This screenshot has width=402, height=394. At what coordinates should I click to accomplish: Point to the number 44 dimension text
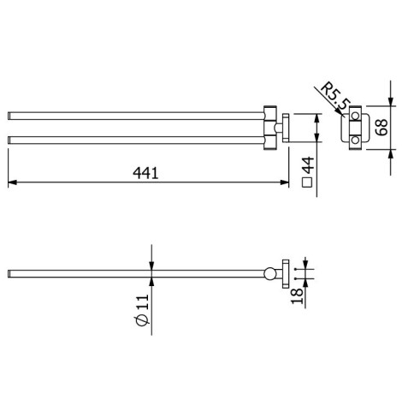(x=307, y=165)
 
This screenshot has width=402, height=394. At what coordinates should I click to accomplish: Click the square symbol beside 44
(x=307, y=182)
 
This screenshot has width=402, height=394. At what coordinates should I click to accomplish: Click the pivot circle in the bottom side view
(x=270, y=275)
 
